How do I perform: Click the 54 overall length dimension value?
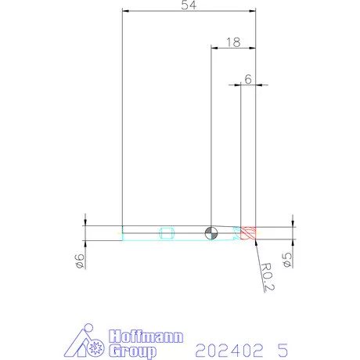tap(189, 5)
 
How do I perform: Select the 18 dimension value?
tap(233, 42)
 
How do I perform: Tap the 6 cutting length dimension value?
tap(248, 79)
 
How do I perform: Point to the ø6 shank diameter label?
tap(80, 261)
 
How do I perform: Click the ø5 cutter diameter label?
tap(287, 260)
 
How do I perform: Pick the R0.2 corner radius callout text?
tap(268, 277)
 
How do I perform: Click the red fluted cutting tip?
tap(248, 233)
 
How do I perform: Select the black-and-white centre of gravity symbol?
tap(211, 233)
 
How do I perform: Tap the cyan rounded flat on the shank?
tap(166, 233)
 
